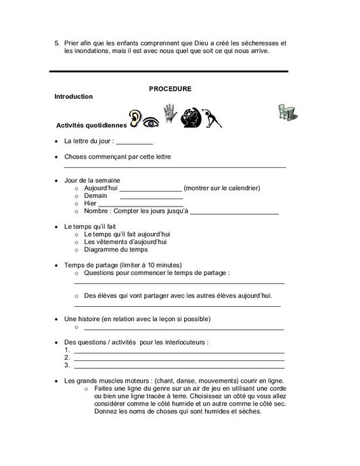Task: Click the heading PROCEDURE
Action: point(169,88)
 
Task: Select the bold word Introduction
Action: point(73,97)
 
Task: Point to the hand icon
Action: point(168,114)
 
